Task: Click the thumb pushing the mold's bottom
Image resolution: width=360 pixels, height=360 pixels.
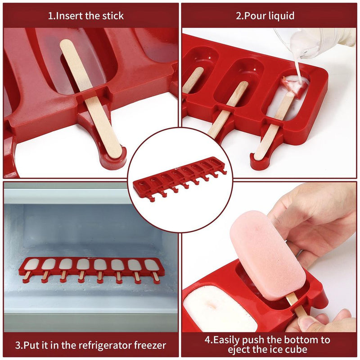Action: pyautogui.click(x=310, y=322)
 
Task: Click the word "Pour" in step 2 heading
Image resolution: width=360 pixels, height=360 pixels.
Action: pyautogui.click(x=254, y=16)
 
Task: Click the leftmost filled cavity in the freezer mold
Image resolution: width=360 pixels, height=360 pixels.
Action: pyautogui.click(x=31, y=265)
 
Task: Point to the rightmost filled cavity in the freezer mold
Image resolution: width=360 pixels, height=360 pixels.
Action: pyautogui.click(x=152, y=265)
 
